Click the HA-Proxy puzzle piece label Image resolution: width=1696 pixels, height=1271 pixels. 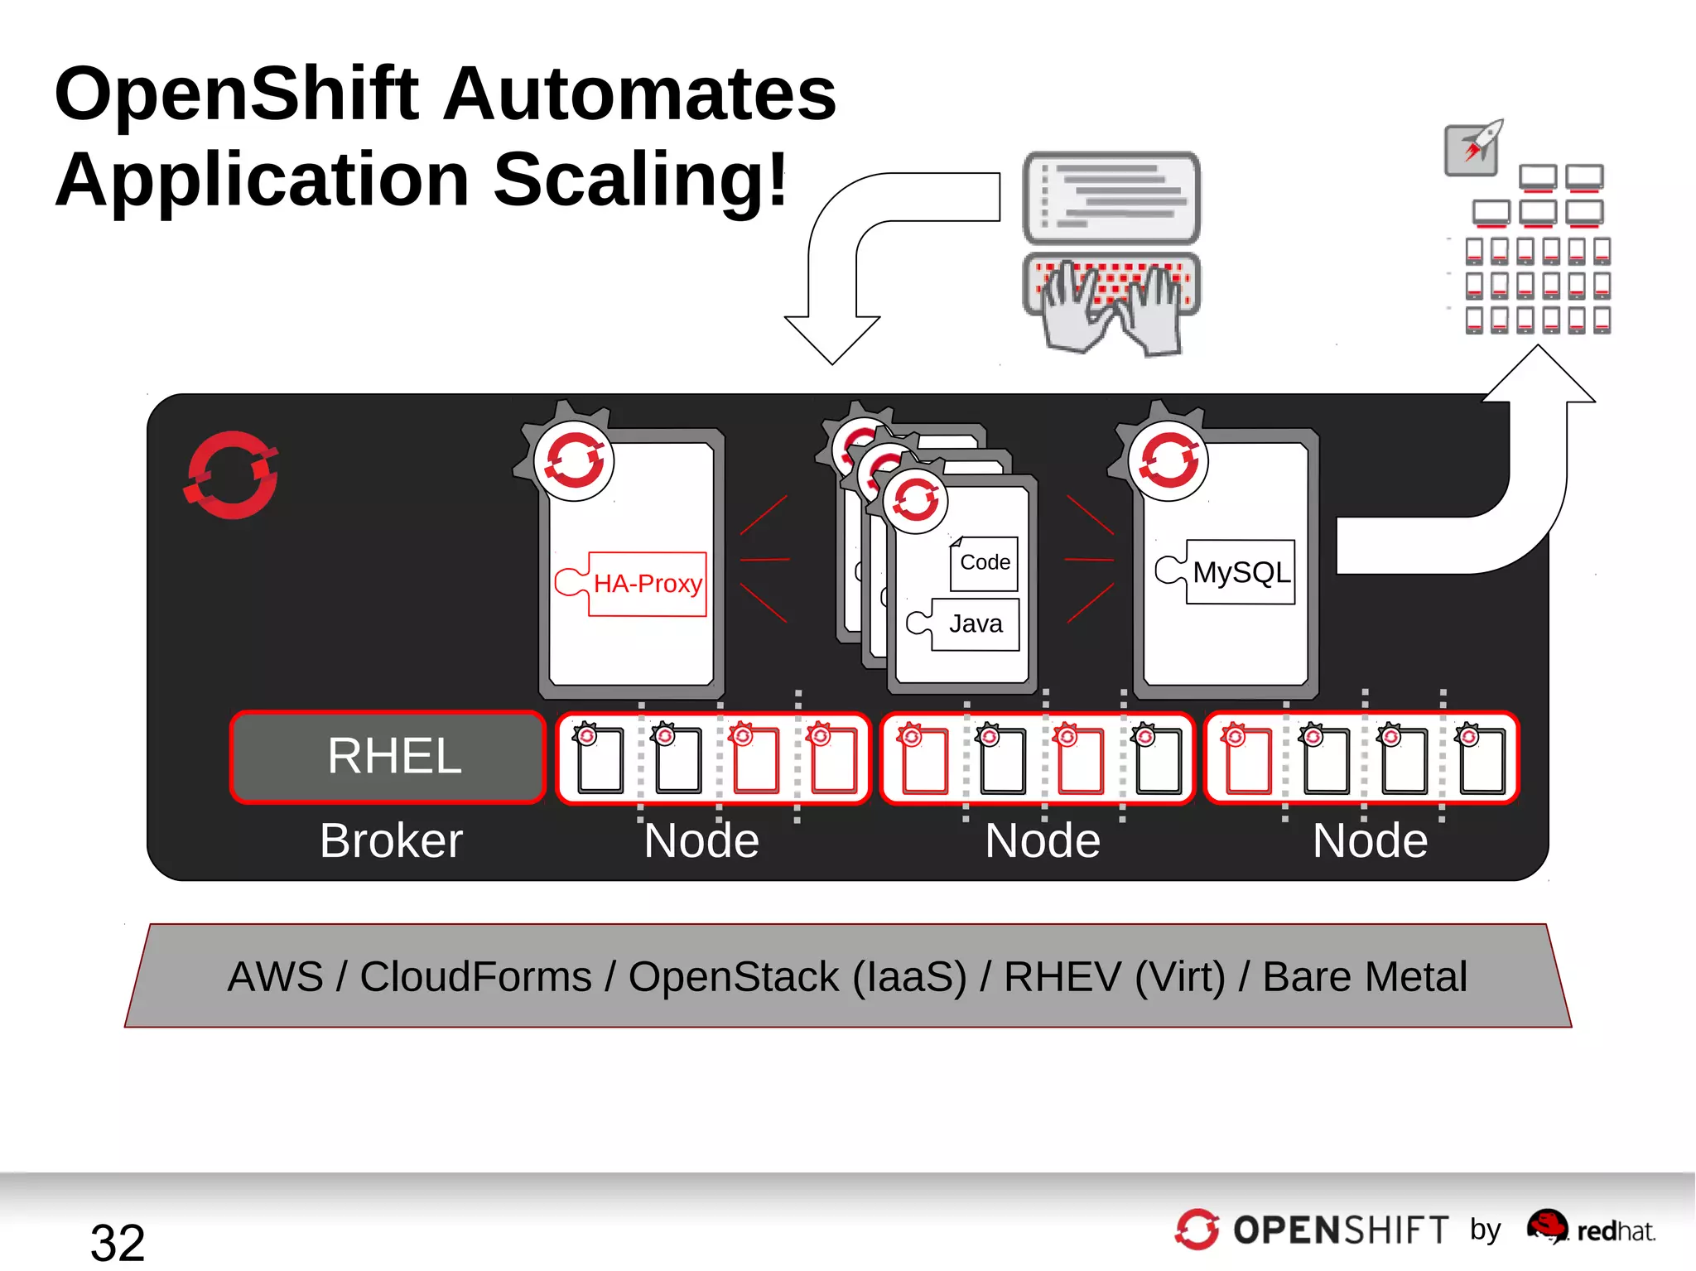point(647,584)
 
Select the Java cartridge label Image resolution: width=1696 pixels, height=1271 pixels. point(975,623)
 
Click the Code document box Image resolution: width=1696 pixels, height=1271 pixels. point(984,563)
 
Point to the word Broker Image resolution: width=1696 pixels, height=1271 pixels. point(391,840)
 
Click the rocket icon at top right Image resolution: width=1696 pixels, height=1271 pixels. point(1474,147)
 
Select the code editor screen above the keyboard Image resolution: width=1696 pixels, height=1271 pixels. point(1111,197)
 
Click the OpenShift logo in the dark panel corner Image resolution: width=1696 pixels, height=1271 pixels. point(231,475)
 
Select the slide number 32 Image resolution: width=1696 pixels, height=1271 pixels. point(117,1241)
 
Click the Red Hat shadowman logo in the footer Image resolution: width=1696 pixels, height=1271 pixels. point(1546,1226)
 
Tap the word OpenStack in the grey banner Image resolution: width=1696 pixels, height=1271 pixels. point(733,976)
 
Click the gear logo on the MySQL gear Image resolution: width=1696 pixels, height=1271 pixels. point(1168,460)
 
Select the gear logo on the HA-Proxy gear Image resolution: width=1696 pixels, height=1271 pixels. point(574,460)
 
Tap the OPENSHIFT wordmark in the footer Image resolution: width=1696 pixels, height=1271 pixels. point(1340,1230)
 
